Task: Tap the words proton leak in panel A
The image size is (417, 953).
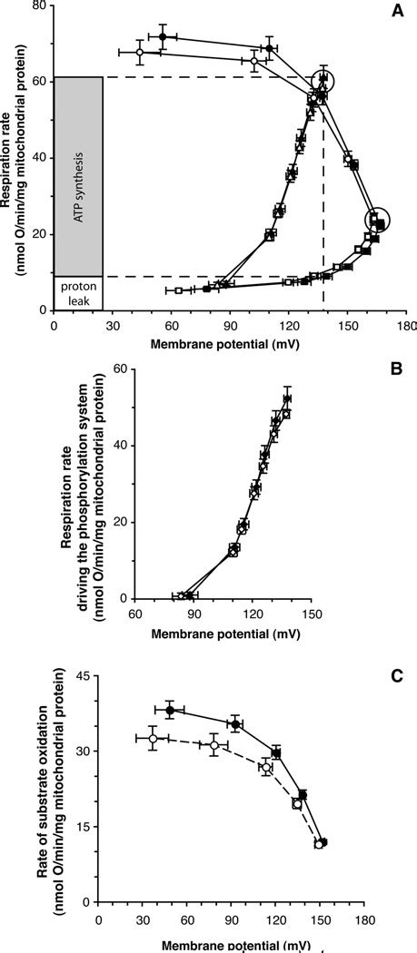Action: (x=78, y=293)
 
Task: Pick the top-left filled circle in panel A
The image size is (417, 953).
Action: (x=163, y=37)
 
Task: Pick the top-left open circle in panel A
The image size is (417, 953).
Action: (x=139, y=53)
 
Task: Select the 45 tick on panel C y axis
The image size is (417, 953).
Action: (x=86, y=674)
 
